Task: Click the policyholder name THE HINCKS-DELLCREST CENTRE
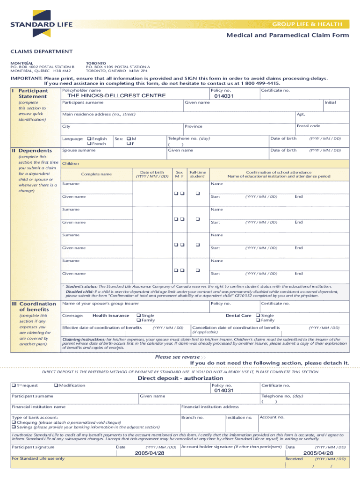click(117, 96)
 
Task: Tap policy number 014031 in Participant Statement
click(224, 96)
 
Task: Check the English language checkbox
click(89, 139)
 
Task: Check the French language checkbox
click(89, 144)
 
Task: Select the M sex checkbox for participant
click(129, 139)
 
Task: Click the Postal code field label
click(309, 126)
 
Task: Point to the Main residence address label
click(99, 114)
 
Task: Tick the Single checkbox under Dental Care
click(258, 316)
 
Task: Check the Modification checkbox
click(56, 385)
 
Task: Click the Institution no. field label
click(239, 417)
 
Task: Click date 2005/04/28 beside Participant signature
click(149, 453)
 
